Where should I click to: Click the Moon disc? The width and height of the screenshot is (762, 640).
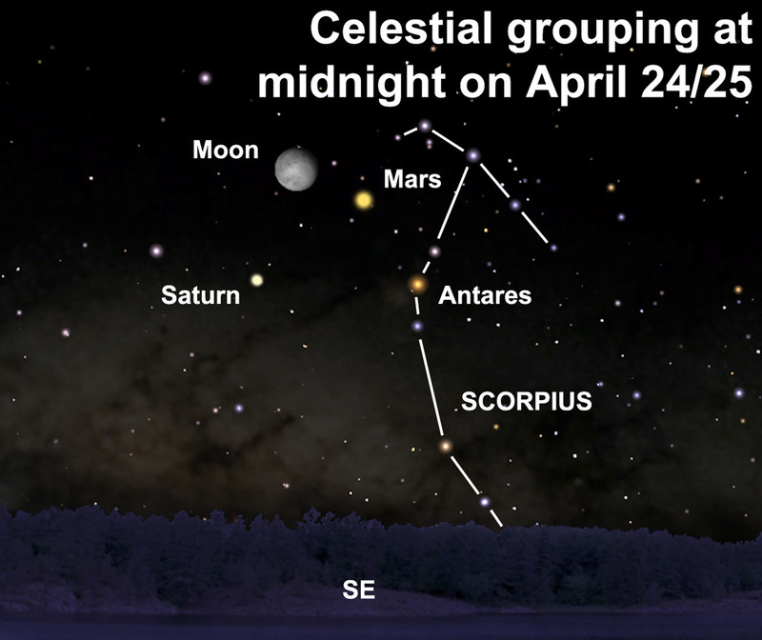(x=296, y=170)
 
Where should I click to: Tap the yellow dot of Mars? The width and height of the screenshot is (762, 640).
(x=363, y=200)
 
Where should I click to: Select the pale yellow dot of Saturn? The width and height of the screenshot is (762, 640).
(x=256, y=280)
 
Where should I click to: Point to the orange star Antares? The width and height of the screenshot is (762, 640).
(x=417, y=284)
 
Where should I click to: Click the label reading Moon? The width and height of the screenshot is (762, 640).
(x=226, y=150)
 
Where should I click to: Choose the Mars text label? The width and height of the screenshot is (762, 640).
(x=412, y=179)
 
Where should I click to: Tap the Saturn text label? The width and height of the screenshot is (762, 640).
(x=200, y=295)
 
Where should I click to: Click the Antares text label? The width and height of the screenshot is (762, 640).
(x=485, y=295)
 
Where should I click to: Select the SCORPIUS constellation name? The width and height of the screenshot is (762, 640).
(x=527, y=401)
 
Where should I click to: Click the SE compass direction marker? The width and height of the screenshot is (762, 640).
(x=359, y=590)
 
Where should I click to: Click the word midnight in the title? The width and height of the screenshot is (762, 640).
(x=351, y=82)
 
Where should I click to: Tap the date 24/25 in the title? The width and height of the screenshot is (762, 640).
(x=696, y=82)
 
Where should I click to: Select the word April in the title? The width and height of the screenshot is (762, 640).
(x=577, y=83)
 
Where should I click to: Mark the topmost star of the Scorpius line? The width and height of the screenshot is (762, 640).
(x=425, y=126)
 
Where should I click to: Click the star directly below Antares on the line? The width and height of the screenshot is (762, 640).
(x=417, y=326)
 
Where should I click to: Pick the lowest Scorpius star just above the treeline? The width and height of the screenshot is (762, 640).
(x=484, y=502)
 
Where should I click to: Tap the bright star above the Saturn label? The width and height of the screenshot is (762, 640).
(x=156, y=250)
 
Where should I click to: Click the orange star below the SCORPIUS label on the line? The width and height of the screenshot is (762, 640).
(x=445, y=446)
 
